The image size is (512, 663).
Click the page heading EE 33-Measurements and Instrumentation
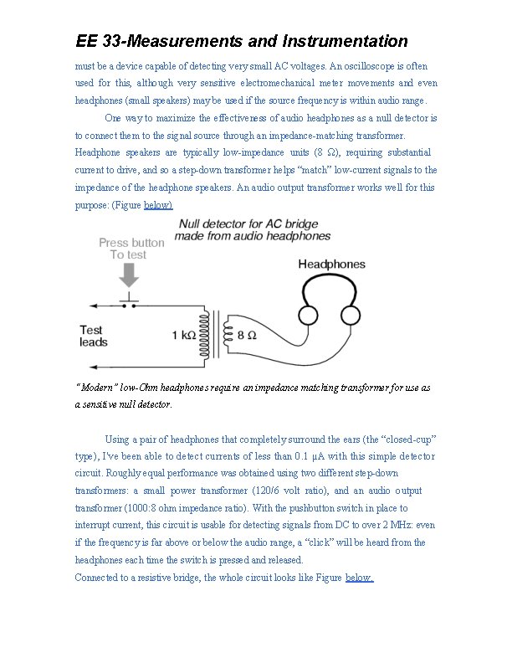coord(242,41)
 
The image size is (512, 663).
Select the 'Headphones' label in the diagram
coord(332,265)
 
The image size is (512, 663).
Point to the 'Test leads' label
coord(94,337)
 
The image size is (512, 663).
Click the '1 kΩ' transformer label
coord(185,336)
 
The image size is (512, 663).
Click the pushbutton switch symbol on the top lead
coord(130,302)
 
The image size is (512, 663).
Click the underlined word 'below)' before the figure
coord(159,204)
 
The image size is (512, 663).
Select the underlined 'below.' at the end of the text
coord(360,578)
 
